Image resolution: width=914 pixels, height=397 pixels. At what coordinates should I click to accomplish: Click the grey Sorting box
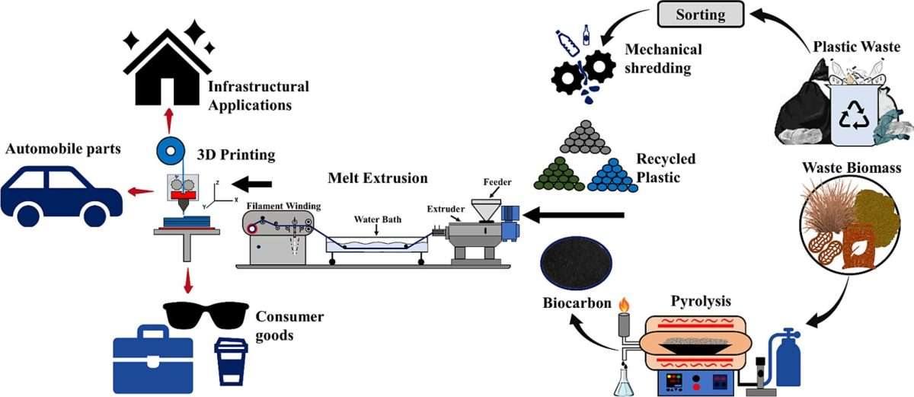[x=701, y=14]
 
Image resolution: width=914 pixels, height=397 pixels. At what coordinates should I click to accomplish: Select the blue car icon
[x=61, y=191]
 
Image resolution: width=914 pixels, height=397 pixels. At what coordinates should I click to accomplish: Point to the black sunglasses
[x=205, y=313]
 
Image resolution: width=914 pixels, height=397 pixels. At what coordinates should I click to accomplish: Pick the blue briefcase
[x=152, y=359]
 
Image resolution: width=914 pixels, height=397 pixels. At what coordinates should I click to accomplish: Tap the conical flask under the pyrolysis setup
[x=622, y=381]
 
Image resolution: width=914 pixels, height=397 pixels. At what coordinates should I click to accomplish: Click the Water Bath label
[x=376, y=219]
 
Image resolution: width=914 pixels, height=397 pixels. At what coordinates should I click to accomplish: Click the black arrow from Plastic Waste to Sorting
[x=785, y=23]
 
